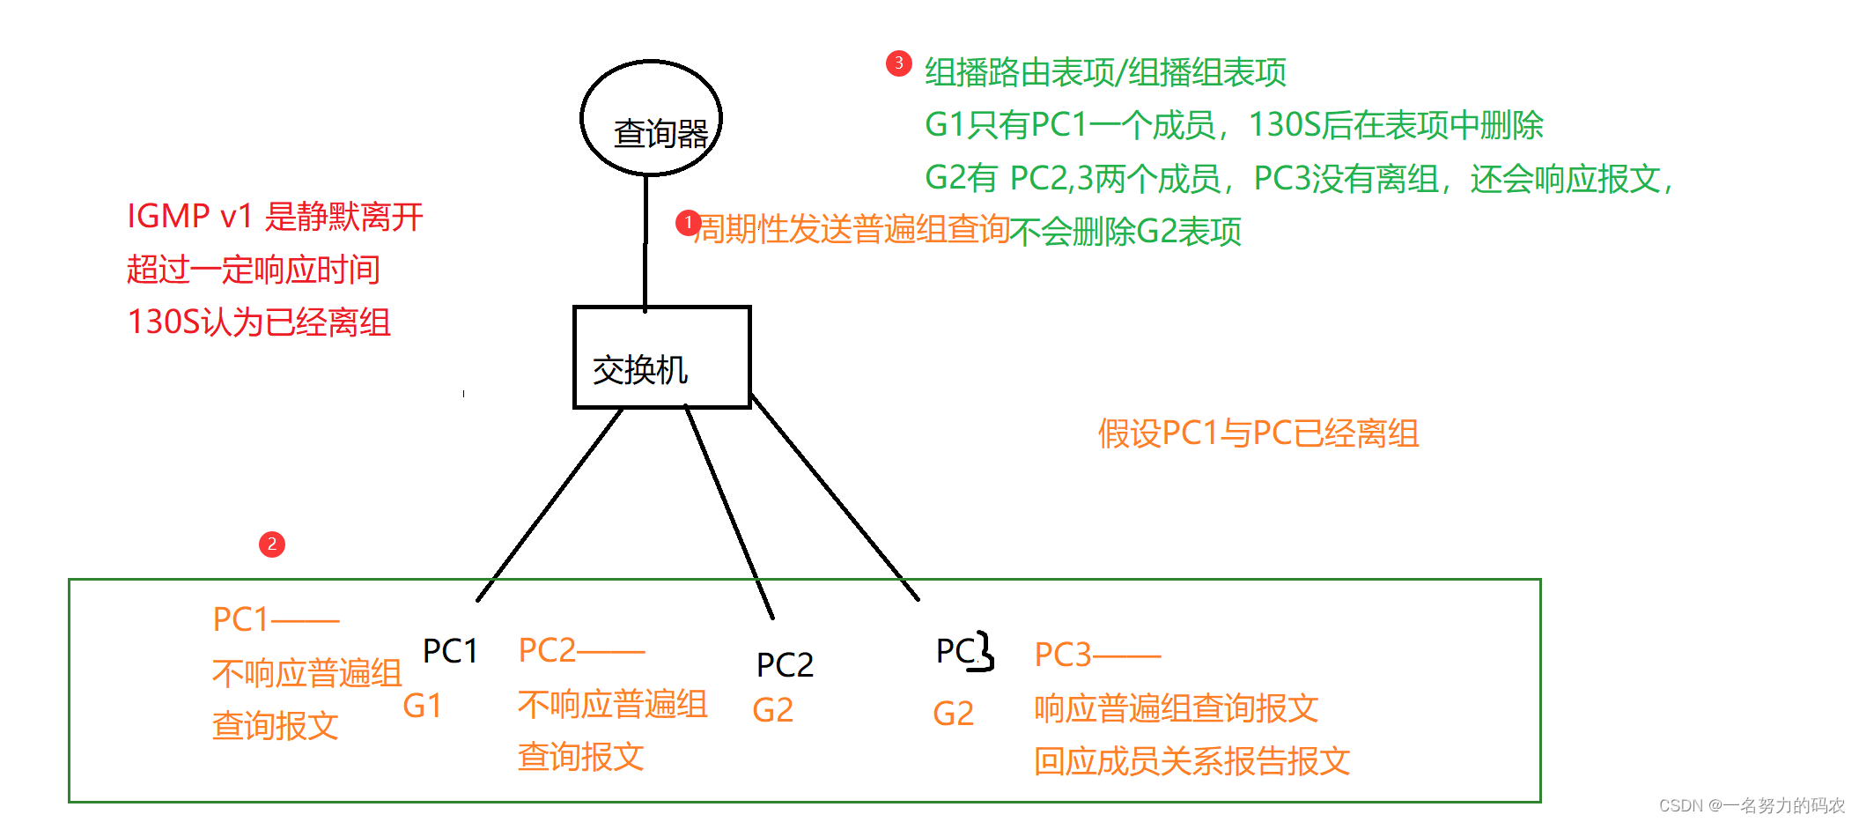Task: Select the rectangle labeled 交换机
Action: (x=661, y=357)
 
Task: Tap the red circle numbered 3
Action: (x=898, y=63)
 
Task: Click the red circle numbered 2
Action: (x=271, y=544)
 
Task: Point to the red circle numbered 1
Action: (x=688, y=223)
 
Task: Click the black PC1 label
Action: (x=450, y=651)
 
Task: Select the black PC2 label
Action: (x=785, y=664)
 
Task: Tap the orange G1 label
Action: (x=422, y=706)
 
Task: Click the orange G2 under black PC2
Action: (x=772, y=710)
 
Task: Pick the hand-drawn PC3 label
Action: (x=964, y=651)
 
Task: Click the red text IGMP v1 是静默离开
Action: (x=275, y=216)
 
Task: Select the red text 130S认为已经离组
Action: (x=259, y=322)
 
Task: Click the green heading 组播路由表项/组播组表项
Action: (x=1105, y=72)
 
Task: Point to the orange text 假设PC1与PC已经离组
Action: (x=1258, y=433)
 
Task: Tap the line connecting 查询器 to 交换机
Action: (x=645, y=242)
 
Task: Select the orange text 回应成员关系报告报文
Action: (x=1191, y=761)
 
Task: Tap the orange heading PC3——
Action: (x=1097, y=655)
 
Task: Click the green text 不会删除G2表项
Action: (x=1125, y=232)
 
